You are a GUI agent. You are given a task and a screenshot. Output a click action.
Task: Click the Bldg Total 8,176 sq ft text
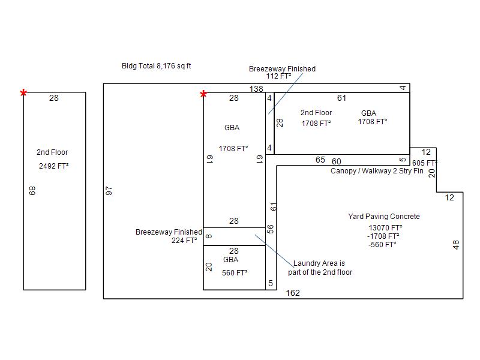(157, 66)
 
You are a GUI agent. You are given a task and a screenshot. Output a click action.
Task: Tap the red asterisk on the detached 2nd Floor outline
(23, 93)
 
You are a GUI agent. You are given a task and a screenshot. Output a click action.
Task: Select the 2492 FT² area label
(53, 166)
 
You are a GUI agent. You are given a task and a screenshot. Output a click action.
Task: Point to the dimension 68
(32, 190)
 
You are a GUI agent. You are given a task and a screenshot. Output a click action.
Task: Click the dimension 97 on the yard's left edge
(109, 191)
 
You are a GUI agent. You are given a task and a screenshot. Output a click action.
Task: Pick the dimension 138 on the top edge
(256, 89)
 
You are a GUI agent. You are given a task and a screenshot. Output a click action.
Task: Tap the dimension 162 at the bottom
(293, 293)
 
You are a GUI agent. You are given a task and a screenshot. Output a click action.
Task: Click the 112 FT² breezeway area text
(278, 76)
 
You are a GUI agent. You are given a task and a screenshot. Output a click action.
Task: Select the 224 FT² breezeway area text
(184, 241)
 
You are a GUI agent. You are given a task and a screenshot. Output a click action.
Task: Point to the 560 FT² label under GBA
(235, 273)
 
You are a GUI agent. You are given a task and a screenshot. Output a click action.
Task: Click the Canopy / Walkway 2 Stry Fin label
(377, 171)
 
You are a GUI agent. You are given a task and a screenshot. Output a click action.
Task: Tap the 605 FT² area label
(425, 163)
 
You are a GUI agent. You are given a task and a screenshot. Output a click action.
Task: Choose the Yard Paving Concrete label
(384, 217)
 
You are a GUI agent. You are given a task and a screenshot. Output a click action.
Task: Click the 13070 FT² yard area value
(385, 228)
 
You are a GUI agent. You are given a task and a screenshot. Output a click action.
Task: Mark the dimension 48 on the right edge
(456, 245)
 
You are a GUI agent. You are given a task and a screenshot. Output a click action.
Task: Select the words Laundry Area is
(319, 263)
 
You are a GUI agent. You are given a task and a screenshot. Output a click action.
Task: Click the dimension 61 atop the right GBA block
(341, 98)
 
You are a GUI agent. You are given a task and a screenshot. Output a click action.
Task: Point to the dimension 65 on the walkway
(320, 160)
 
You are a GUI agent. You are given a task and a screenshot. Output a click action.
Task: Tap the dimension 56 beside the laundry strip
(271, 229)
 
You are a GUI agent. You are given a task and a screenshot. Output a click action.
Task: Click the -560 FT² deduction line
(382, 245)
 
